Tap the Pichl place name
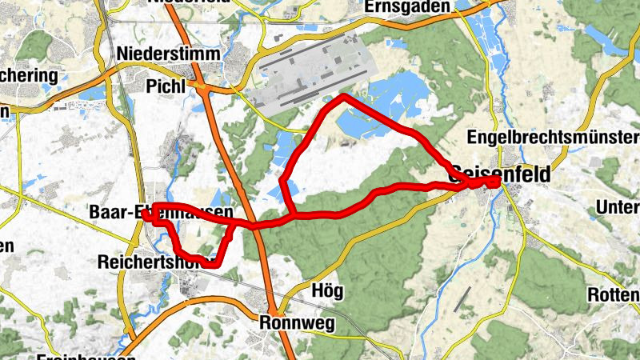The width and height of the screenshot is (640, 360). coord(166,85)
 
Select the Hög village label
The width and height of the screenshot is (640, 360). coord(324,290)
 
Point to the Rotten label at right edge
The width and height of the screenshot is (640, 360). coord(614,293)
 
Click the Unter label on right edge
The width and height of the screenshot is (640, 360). coord(618,209)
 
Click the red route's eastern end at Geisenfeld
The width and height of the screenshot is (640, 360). coord(497,182)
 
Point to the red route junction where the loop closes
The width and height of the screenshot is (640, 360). coord(294,216)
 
